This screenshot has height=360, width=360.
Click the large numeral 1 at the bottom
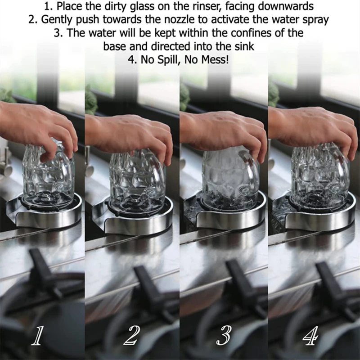pos(39,336)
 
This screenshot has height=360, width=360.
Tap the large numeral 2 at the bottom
pos(132,336)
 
